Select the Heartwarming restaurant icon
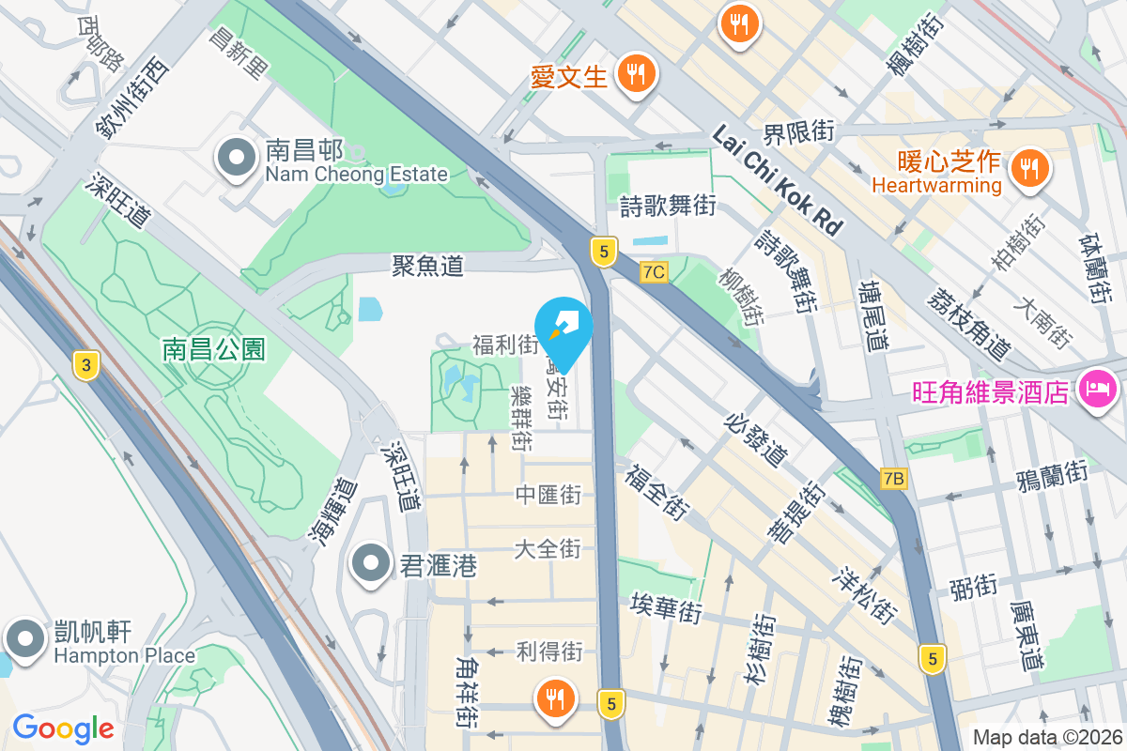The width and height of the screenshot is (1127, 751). [1030, 169]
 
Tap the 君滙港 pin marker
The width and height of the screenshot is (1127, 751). [371, 564]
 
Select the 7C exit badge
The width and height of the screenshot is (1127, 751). [654, 272]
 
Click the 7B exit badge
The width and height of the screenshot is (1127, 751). [893, 479]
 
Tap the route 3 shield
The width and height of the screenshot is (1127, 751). [85, 366]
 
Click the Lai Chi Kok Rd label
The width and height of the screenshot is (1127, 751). [776, 180]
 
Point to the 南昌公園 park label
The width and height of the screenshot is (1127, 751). [213, 350]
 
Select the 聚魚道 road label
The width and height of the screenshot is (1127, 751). [427, 267]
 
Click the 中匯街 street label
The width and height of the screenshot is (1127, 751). [548, 495]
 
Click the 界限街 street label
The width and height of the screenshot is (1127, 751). [797, 132]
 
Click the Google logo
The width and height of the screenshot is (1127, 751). [63, 728]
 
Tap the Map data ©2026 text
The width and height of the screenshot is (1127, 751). [1046, 737]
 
